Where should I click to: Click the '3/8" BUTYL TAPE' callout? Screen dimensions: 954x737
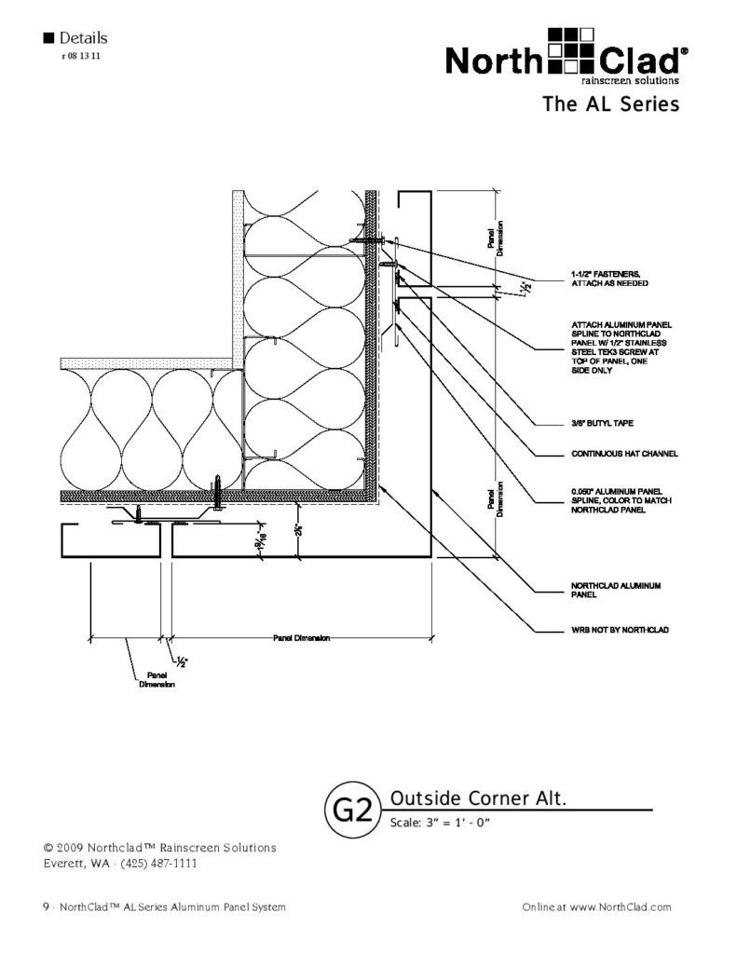click(x=602, y=422)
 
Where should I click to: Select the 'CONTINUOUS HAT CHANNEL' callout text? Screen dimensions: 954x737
click(x=624, y=455)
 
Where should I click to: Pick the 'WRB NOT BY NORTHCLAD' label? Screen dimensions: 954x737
click(x=620, y=631)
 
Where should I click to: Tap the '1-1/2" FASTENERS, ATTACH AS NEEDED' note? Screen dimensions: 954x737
click(x=605, y=278)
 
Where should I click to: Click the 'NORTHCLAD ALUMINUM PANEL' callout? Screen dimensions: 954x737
click(x=615, y=590)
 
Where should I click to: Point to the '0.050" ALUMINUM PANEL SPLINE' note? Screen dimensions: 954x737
click(x=616, y=500)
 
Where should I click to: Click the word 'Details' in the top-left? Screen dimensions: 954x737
click(x=83, y=38)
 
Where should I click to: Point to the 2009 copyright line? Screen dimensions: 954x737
click(x=159, y=848)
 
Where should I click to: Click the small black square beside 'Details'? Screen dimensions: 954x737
click(x=48, y=39)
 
